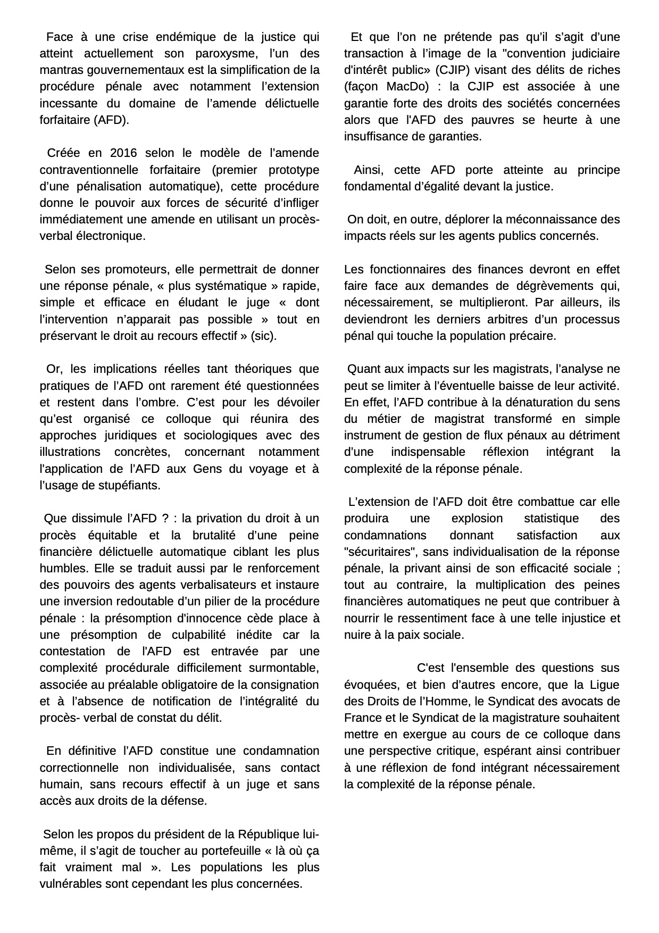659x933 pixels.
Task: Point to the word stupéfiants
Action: click(x=128, y=485)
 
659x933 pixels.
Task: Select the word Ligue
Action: click(x=605, y=685)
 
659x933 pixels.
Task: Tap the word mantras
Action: click(x=59, y=70)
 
